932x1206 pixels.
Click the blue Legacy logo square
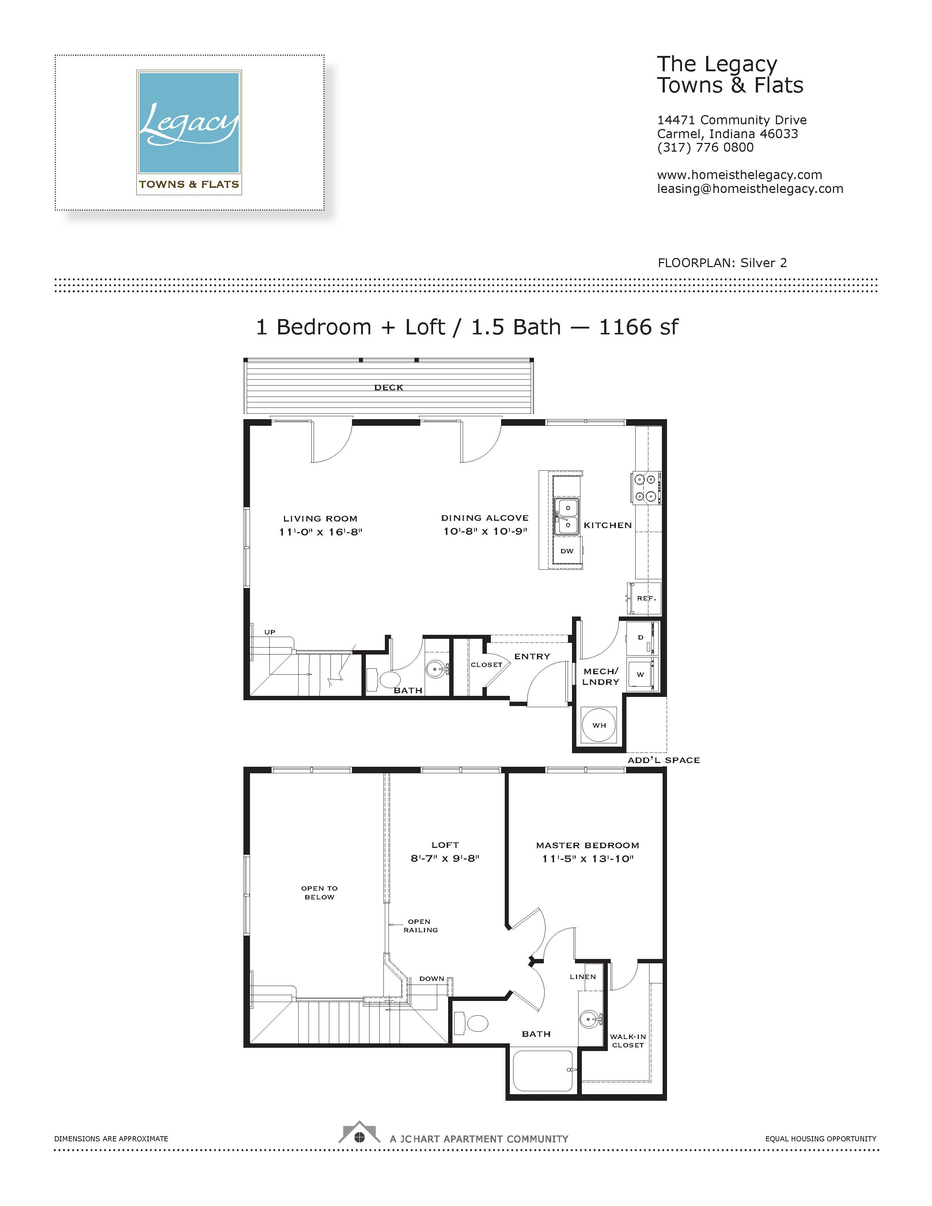(189, 122)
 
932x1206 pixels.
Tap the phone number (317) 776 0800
(705, 147)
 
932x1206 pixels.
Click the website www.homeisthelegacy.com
(739, 175)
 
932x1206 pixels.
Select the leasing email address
(750, 189)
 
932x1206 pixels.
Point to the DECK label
(389, 388)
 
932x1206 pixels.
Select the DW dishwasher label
(567, 551)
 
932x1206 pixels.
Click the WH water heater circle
(599, 725)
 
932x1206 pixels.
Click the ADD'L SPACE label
(664, 761)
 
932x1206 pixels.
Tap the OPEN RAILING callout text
(421, 925)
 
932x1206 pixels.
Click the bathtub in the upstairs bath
(543, 1071)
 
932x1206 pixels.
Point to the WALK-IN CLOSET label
(628, 1041)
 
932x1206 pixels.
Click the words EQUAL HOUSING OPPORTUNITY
(821, 1139)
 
